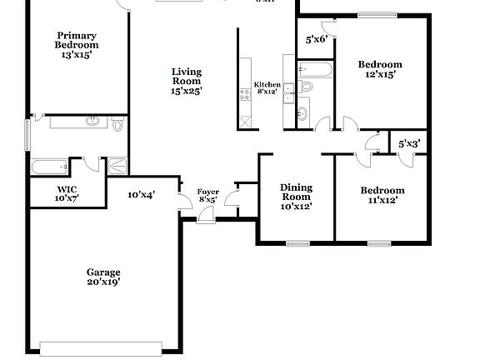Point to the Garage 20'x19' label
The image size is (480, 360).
pos(104,277)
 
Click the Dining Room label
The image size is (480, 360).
pos(296,197)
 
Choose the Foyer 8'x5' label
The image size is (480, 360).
pos(207,196)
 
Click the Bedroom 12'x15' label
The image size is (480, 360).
pos(380,69)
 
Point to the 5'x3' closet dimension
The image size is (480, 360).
pos(408,143)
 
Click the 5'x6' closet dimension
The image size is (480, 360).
pos(316,39)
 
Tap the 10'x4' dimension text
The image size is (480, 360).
pos(141,195)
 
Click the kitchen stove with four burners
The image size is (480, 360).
pos(245,93)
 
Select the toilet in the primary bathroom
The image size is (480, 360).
pos(117,125)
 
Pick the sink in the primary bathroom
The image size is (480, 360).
pos(93,122)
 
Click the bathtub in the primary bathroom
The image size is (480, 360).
pos(49,166)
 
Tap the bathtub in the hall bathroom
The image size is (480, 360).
pos(316,68)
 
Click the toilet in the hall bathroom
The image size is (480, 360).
pos(306,85)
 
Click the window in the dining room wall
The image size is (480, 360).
pos(297,243)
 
